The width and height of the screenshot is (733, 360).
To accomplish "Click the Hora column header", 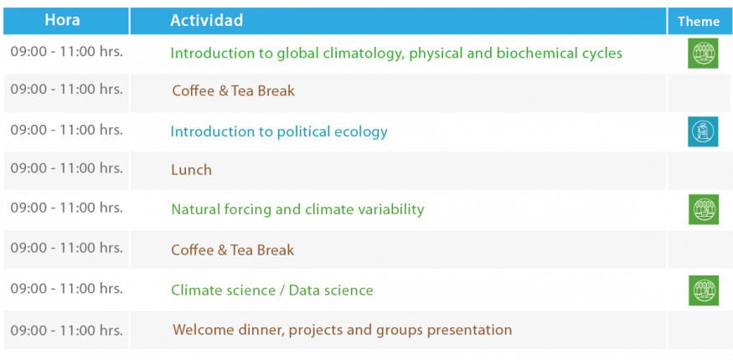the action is pos(62,20).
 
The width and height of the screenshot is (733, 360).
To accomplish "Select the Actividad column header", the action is pos(207,20).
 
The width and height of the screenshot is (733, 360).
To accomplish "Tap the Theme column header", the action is pos(699,22).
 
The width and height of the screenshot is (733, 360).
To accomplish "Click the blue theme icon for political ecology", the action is pos(703,131).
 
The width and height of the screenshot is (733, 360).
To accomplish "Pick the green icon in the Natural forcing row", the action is pos(703,209).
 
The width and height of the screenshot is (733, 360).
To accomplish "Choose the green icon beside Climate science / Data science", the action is pos(703,291).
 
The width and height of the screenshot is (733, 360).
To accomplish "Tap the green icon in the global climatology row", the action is pos(703,54).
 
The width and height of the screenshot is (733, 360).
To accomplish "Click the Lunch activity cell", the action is pos(398,171).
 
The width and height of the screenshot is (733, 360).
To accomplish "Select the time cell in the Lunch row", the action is pos(66,168).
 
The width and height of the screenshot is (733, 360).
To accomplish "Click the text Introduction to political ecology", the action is pos(279,132).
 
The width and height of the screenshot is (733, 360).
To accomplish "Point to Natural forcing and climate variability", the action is pos(297,209).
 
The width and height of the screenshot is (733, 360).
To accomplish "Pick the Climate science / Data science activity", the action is pos(272,291).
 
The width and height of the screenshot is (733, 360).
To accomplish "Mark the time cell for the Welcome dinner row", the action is pos(66,330).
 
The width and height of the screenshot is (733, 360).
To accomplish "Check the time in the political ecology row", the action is pos(67,130).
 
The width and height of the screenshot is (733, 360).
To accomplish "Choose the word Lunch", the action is pos(191,170).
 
